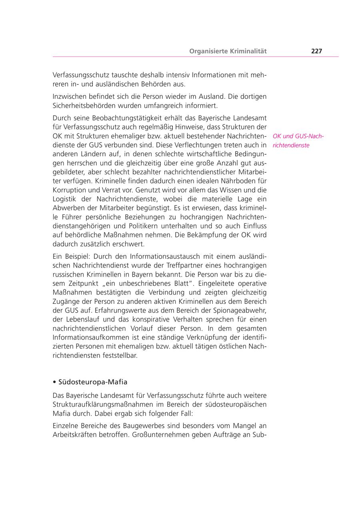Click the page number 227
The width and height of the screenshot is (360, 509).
point(316,51)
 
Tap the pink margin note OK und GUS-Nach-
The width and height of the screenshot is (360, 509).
point(298,136)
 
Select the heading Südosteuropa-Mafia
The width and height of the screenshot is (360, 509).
point(93,381)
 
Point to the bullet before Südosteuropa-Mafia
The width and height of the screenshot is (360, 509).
point(54,382)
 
